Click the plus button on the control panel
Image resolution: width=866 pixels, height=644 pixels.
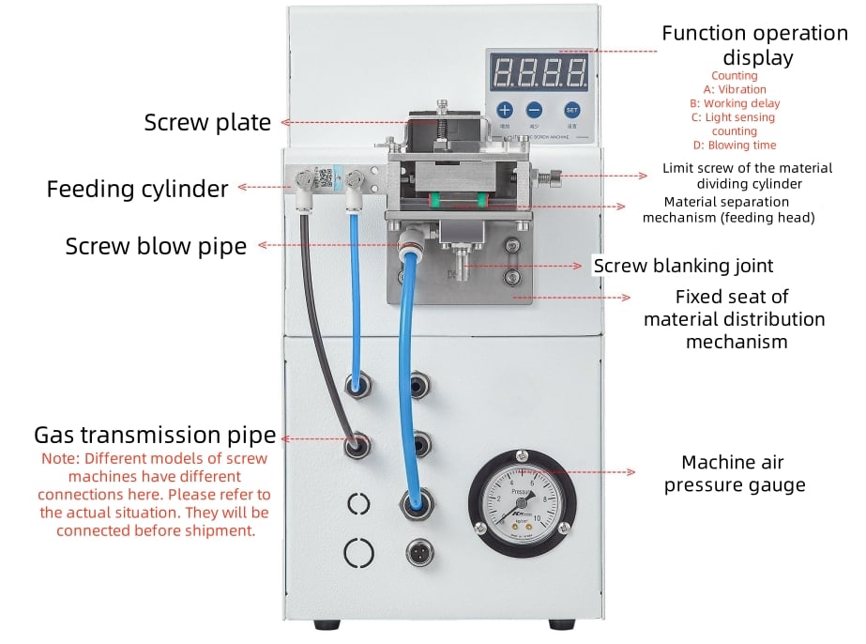(x=504, y=110)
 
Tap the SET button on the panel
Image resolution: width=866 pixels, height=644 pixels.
(x=571, y=110)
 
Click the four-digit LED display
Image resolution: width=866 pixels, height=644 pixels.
(x=539, y=70)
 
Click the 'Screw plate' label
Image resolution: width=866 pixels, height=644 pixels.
(x=207, y=122)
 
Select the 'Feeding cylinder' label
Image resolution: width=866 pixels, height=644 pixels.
(x=137, y=189)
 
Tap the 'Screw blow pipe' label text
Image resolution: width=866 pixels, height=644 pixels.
(x=156, y=246)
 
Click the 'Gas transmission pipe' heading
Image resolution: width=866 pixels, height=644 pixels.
(x=155, y=435)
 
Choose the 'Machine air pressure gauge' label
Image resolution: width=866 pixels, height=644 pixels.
(x=734, y=473)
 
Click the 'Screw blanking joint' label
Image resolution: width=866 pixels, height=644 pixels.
(x=683, y=266)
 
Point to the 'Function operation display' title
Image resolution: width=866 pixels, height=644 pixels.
(x=755, y=45)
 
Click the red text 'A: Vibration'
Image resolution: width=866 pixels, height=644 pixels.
(x=735, y=89)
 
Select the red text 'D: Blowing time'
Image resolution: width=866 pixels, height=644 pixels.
(x=735, y=146)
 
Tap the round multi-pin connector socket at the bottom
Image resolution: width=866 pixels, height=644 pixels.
(x=418, y=552)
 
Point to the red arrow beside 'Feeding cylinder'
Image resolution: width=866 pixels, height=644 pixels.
(x=259, y=187)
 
